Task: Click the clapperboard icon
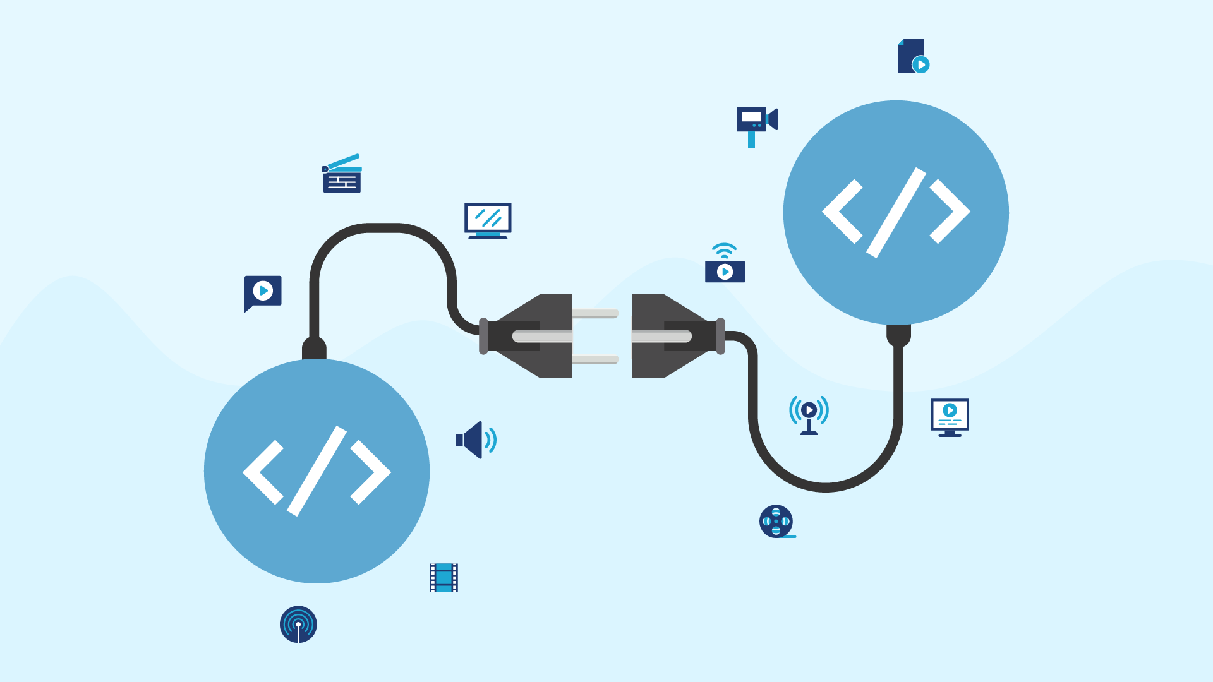tap(342, 174)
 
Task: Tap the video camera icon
tap(756, 124)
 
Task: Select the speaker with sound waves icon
tap(475, 440)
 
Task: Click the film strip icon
tap(444, 578)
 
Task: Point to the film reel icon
tap(776, 522)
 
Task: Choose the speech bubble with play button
tap(263, 292)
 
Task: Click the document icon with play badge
tap(912, 57)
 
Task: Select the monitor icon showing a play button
tap(950, 417)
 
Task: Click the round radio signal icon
tap(298, 625)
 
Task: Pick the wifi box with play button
tap(725, 265)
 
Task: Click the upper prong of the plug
tap(594, 313)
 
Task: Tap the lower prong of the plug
tap(594, 359)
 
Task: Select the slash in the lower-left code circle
tap(317, 471)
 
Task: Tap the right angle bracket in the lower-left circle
tap(371, 472)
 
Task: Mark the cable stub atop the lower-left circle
tap(314, 348)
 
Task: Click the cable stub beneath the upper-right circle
tap(898, 335)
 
